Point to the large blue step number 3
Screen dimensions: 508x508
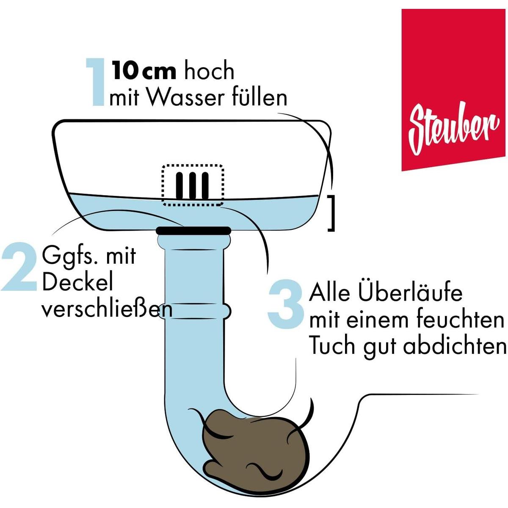point(285,306)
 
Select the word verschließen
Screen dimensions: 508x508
point(107,309)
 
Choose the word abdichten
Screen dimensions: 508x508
point(455,345)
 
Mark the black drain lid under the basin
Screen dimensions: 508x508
point(193,230)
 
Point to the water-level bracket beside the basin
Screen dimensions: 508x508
point(331,213)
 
